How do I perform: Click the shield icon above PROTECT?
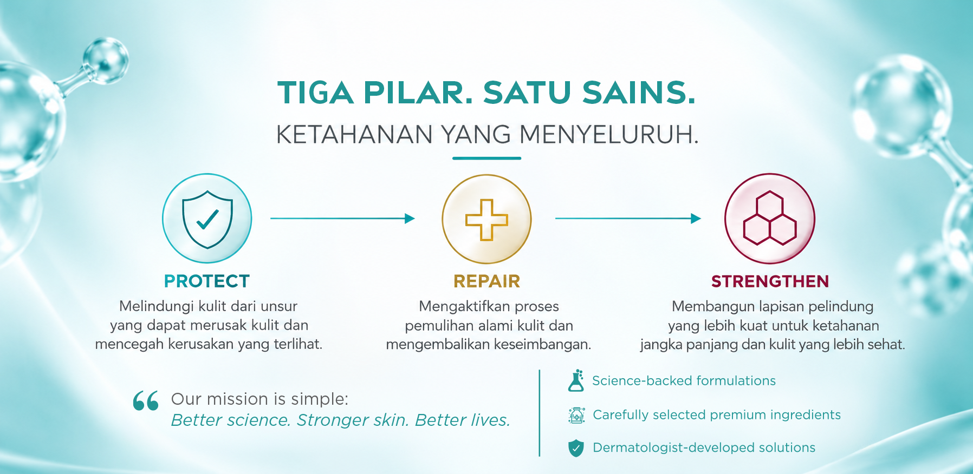pos(207,219)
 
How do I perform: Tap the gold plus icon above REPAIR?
pos(487,219)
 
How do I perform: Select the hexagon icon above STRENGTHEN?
pos(770,218)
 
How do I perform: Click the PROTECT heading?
pos(207,281)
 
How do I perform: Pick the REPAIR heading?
pos(487,281)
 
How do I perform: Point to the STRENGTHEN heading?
pos(770,281)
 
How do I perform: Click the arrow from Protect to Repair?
pos(342,219)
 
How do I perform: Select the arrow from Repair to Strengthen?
pos(628,219)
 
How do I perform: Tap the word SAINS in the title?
pos(639,93)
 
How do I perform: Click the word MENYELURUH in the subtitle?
pos(609,134)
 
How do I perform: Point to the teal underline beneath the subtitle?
pos(487,158)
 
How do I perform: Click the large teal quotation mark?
pos(146,401)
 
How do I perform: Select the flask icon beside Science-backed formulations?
pos(576,380)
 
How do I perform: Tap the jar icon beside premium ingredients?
pos(576,415)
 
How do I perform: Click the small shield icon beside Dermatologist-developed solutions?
pos(576,448)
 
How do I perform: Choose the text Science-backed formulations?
pos(684,381)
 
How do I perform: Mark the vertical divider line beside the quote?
pos(540,413)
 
